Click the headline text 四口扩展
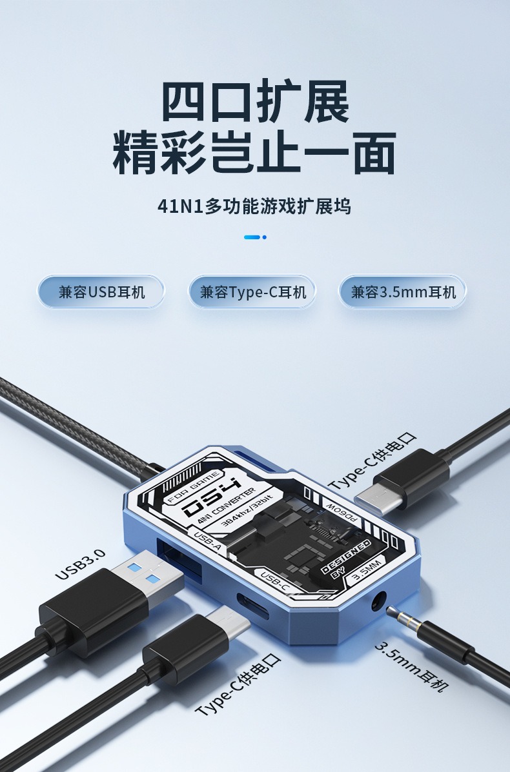(255, 101)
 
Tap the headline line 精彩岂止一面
(255, 153)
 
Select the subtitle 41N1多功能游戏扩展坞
(255, 206)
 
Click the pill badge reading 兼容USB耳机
(101, 292)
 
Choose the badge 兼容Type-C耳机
(252, 292)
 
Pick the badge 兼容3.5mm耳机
(403, 292)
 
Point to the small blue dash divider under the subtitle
(254, 237)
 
